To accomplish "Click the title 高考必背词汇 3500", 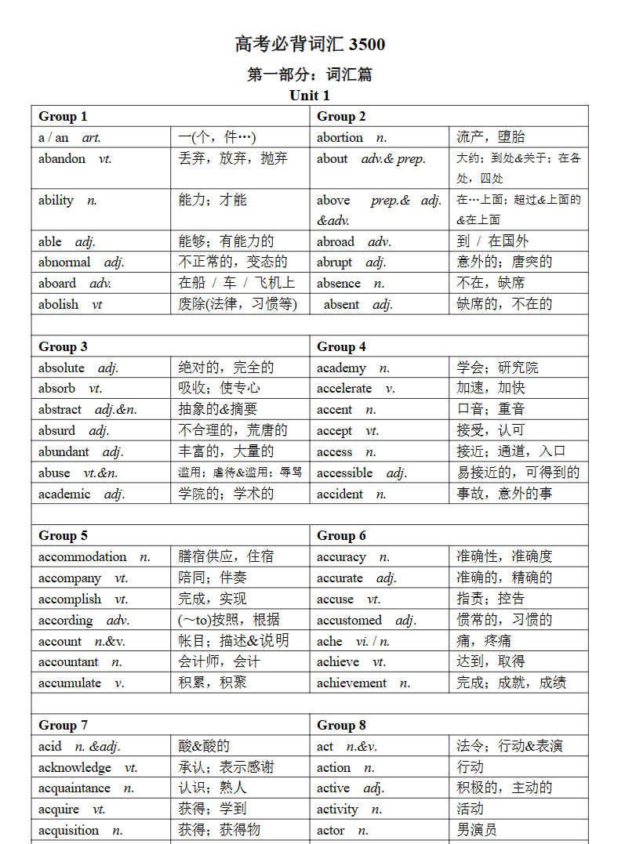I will coord(310,45).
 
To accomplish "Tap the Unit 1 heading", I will coord(310,96).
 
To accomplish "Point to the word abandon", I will coord(62,158).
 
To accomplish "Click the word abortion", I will coord(340,138).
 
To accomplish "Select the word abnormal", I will coord(64,263).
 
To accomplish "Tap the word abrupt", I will coord(335,263).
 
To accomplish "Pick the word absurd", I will coord(57,430).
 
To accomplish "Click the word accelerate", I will coord(344,389).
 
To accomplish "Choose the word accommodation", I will coord(82,557).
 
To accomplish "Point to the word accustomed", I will coord(349,621).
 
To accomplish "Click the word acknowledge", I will coord(75,768).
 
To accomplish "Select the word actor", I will coord(331,831).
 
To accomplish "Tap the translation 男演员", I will coord(477,830).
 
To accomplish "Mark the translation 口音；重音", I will coord(491,409).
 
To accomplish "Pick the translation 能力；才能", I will coord(213,201).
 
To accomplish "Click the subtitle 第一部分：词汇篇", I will coord(310,74).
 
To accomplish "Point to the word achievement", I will coord(351,683).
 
